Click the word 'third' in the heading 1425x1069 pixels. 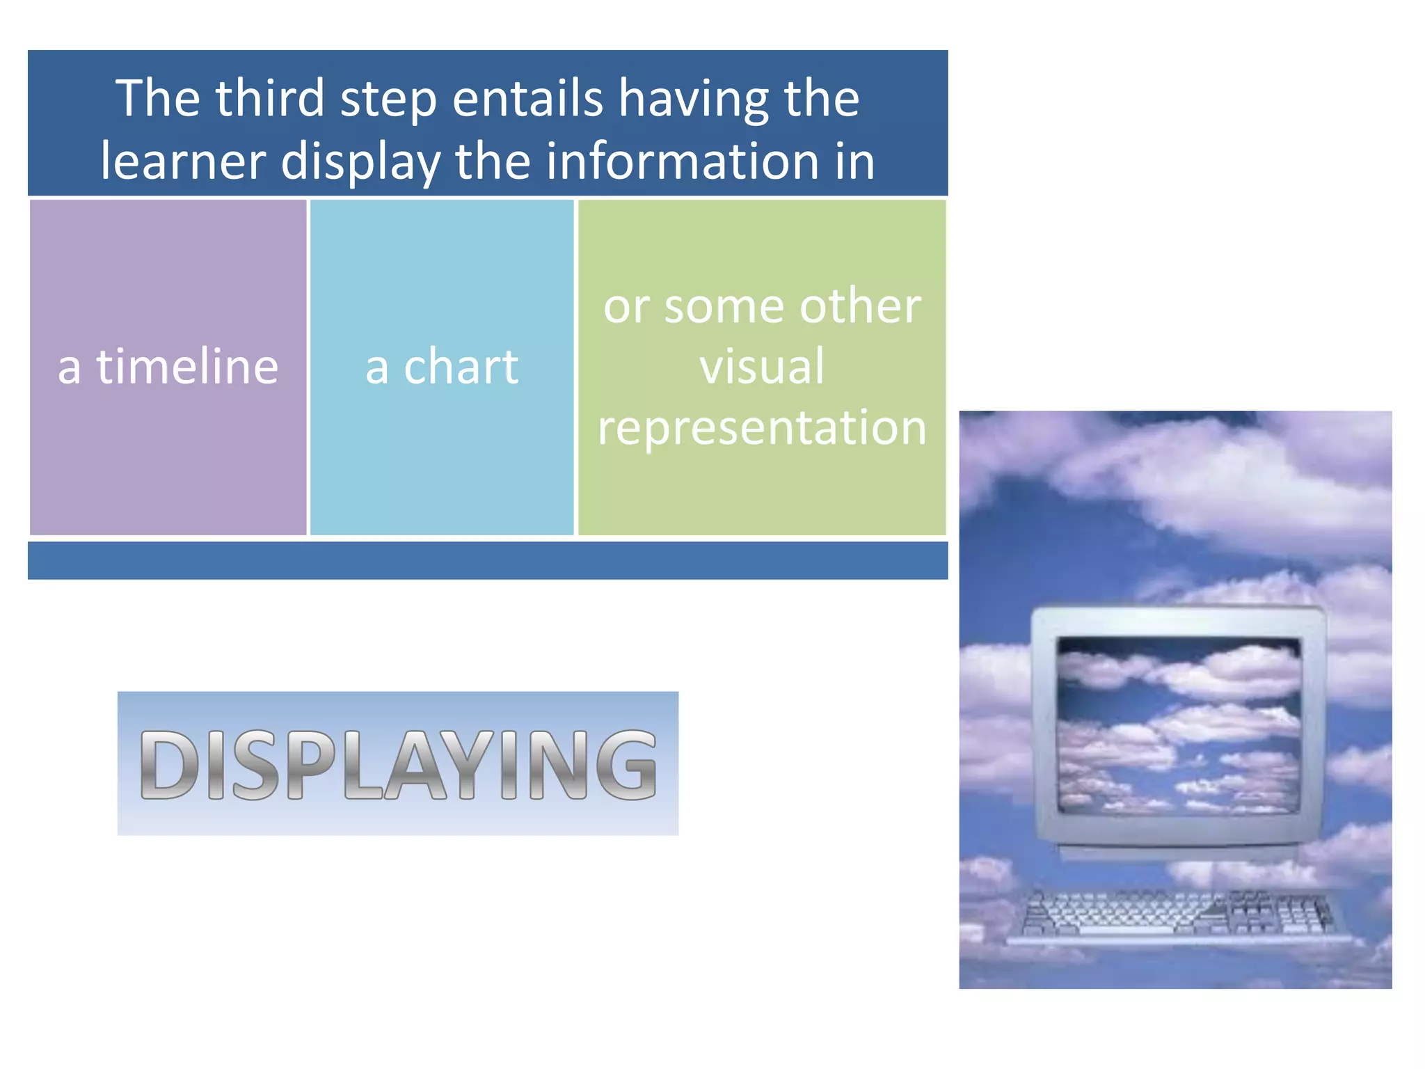pyautogui.click(x=269, y=98)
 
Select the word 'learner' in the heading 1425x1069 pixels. pyautogui.click(x=183, y=161)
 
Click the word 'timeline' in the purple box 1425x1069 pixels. pyautogui.click(x=187, y=367)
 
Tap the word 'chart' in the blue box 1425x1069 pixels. pyautogui.click(x=461, y=367)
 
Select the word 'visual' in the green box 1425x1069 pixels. pyautogui.click(x=762, y=367)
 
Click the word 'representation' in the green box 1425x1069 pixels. pyautogui.click(x=762, y=427)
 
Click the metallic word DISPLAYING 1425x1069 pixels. pyautogui.click(x=398, y=764)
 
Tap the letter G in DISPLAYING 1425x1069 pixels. pyautogui.click(x=626, y=764)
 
